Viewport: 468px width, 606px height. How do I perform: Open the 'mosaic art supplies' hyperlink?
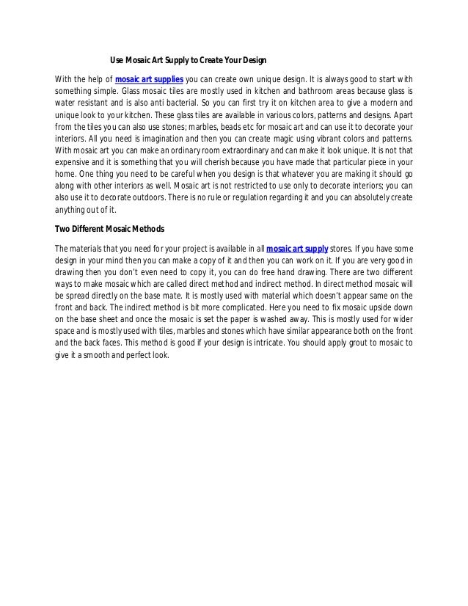click(149, 79)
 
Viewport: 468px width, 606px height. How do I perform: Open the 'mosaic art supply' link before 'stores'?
click(297, 249)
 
